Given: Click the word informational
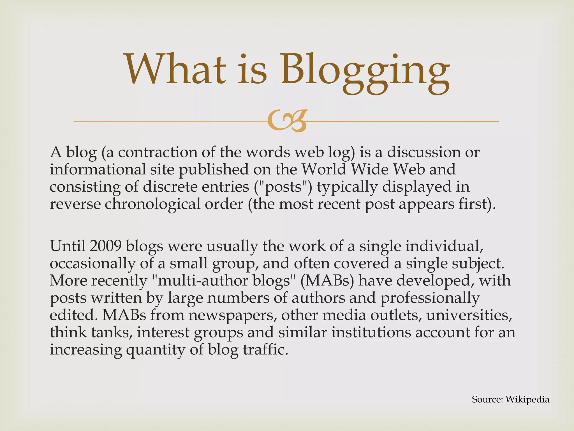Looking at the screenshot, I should (x=98, y=170).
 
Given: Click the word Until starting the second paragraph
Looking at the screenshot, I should (x=68, y=246).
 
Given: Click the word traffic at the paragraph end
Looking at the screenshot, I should (x=265, y=350).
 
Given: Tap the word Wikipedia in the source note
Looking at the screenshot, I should (x=527, y=399).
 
